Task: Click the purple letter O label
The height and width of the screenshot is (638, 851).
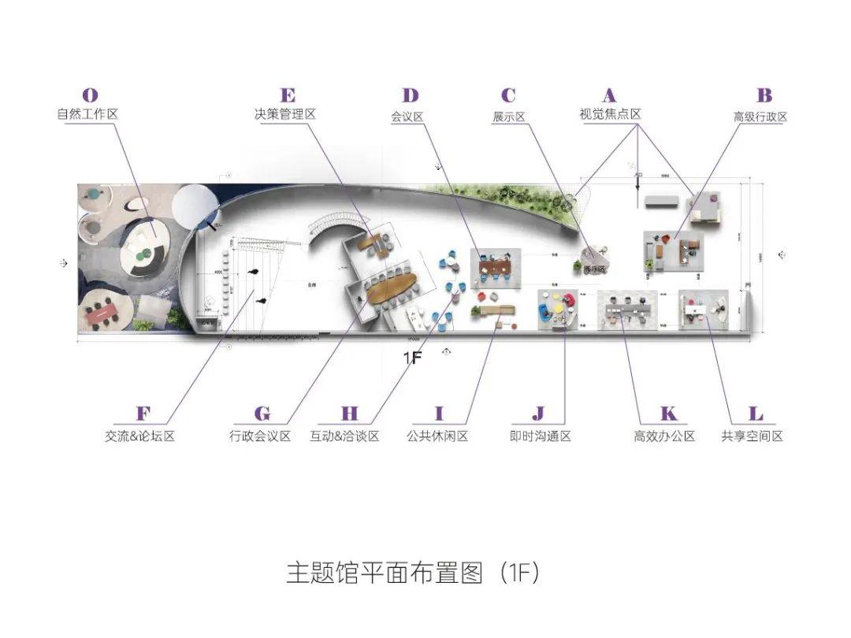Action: pyautogui.click(x=91, y=96)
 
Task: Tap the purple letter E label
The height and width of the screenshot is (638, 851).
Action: pyautogui.click(x=288, y=96)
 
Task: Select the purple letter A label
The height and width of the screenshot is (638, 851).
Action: pyautogui.click(x=609, y=96)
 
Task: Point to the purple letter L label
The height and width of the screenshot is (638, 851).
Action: pyautogui.click(x=755, y=414)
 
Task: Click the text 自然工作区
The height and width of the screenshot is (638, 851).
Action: pyautogui.click(x=87, y=114)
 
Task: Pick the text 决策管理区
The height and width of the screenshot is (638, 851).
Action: pyautogui.click(x=284, y=114)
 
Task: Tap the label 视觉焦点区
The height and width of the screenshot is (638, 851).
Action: pyautogui.click(x=610, y=114)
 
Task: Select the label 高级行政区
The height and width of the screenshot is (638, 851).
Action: pyautogui.click(x=760, y=117)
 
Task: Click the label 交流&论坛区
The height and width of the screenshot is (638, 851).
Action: pyautogui.click(x=139, y=436)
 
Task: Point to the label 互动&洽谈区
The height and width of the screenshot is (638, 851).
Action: pyautogui.click(x=349, y=436)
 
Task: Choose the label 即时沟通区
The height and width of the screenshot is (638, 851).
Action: pyautogui.click(x=540, y=436)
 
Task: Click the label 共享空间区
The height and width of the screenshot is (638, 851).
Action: pyautogui.click(x=752, y=436)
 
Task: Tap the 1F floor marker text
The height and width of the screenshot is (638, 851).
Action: pyautogui.click(x=414, y=358)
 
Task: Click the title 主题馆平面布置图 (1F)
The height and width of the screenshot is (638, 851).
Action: pyautogui.click(x=412, y=573)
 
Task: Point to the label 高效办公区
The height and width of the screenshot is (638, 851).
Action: pyautogui.click(x=664, y=436)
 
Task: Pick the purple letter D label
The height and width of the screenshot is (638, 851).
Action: pyautogui.click(x=411, y=96)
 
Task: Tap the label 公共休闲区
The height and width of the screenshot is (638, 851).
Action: pyautogui.click(x=437, y=436)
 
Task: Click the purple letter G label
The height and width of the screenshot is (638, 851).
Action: pyautogui.click(x=262, y=414)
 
